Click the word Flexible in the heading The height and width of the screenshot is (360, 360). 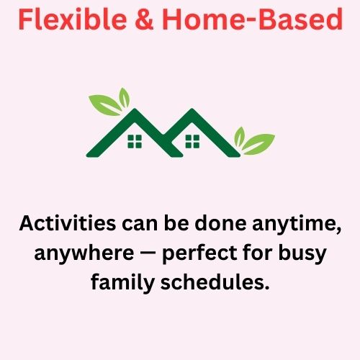point(73,19)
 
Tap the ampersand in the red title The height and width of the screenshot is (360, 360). point(144,19)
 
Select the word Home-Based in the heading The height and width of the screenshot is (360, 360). point(253,19)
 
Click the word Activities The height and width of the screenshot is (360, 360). point(68,223)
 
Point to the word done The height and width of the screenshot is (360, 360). point(220,223)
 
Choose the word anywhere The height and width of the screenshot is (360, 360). point(84,253)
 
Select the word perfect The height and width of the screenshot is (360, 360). point(199,253)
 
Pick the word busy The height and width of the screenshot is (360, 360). point(302,253)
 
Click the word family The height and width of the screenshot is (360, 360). point(122,283)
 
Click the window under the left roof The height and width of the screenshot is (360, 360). point(135,141)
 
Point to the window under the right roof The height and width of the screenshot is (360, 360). point(192,141)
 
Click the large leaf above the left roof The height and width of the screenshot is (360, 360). point(105,104)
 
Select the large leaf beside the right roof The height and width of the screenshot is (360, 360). point(258,144)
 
